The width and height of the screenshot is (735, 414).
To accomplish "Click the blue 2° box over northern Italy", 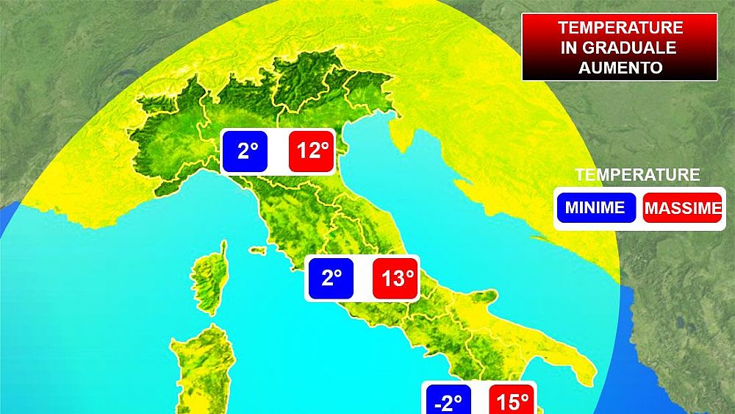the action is [x=247, y=151].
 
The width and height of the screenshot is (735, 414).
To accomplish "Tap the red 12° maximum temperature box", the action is [x=312, y=151].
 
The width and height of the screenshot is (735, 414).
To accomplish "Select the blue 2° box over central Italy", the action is [x=331, y=278].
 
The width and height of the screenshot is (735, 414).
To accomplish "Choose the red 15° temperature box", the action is [x=512, y=401].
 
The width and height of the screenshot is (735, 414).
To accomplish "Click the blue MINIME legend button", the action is [x=595, y=207].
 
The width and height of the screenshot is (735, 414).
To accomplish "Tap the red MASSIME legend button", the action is [x=682, y=208].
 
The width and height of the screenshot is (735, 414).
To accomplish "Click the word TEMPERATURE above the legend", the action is [x=637, y=175].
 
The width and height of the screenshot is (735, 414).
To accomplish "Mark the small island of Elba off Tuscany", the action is [x=257, y=251].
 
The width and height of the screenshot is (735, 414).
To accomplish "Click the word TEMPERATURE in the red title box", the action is [x=620, y=28].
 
